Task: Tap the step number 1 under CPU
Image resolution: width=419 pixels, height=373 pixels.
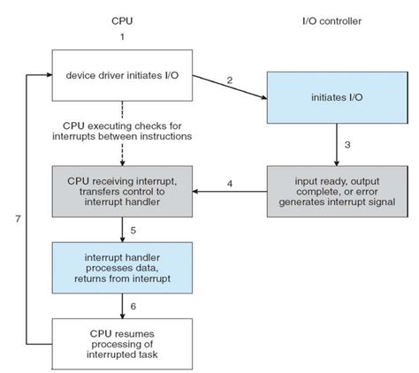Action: (x=122, y=37)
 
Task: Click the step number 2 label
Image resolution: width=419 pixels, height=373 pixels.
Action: (x=230, y=80)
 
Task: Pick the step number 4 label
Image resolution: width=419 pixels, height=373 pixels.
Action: (x=230, y=184)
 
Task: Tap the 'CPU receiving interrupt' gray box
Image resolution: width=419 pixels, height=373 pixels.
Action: (x=122, y=189)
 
